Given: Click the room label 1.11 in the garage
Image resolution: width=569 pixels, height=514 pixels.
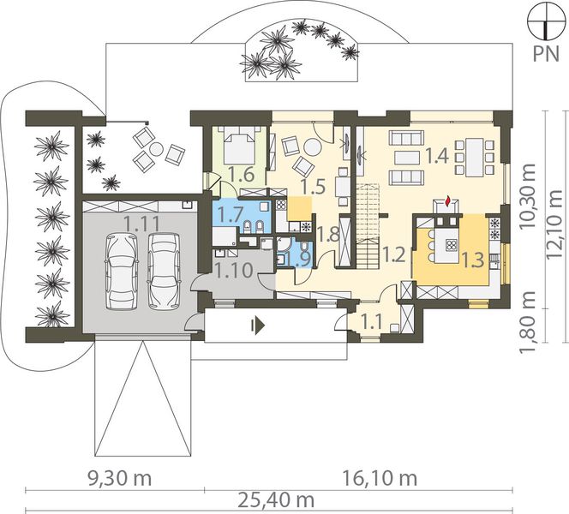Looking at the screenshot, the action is [x=142, y=223].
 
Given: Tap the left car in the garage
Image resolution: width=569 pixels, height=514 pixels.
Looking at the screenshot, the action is [x=121, y=272].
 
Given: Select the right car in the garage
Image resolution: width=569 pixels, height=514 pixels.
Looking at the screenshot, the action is [x=164, y=271].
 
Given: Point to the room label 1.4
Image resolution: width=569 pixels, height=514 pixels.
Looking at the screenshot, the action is [x=436, y=156].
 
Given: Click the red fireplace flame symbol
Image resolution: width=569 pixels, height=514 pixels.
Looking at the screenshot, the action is [x=448, y=201].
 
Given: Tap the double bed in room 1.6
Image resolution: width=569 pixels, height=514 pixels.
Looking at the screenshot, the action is [x=239, y=145].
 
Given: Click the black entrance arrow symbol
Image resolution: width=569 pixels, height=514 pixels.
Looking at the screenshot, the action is [x=258, y=326].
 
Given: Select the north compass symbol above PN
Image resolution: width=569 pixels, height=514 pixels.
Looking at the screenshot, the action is [x=545, y=21].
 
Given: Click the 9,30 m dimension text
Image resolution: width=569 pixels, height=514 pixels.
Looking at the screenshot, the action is [x=120, y=479].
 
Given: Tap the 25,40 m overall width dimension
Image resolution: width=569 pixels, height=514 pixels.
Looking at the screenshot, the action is [x=277, y=501].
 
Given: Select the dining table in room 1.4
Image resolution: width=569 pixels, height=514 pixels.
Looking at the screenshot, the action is [x=474, y=157].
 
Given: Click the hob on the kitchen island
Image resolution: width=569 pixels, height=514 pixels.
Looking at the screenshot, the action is [x=452, y=245].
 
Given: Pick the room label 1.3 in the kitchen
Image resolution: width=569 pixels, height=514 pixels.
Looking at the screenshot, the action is [x=473, y=260].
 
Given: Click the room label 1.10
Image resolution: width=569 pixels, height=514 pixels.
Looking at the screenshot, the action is [x=234, y=271].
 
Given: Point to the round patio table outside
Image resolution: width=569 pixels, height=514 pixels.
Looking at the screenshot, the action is [x=157, y=149].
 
